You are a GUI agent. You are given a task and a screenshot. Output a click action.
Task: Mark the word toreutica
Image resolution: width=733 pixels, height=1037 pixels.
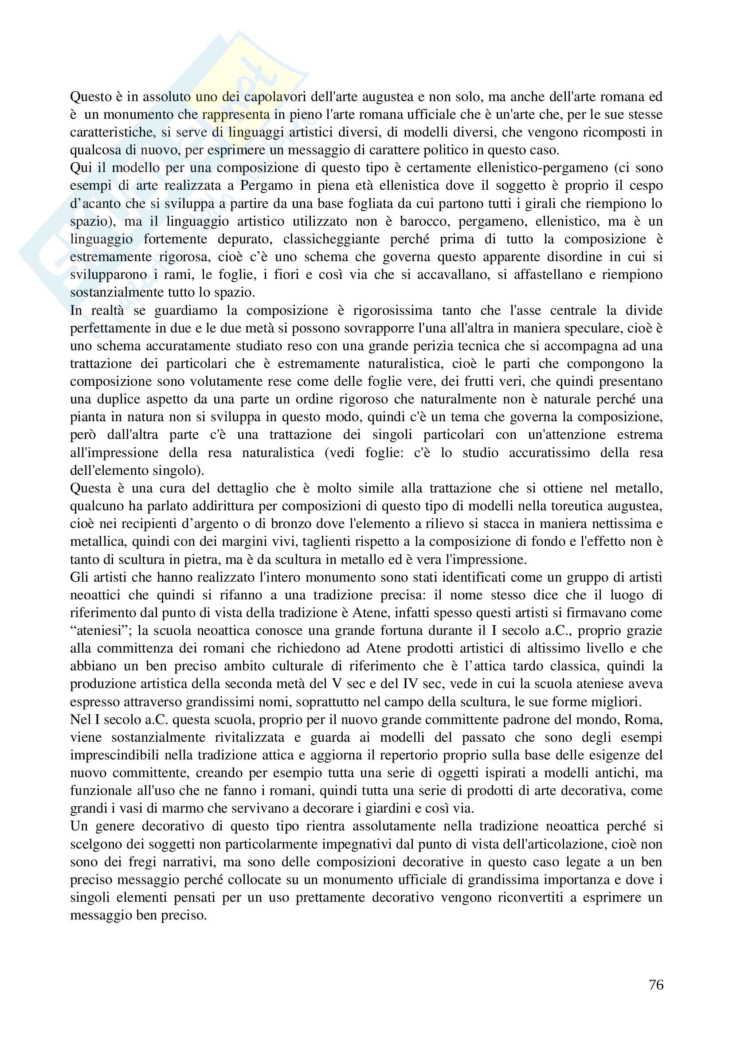pyautogui.click(x=551, y=506)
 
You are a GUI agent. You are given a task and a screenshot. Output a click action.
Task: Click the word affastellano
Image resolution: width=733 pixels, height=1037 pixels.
pyautogui.click(x=547, y=274)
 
